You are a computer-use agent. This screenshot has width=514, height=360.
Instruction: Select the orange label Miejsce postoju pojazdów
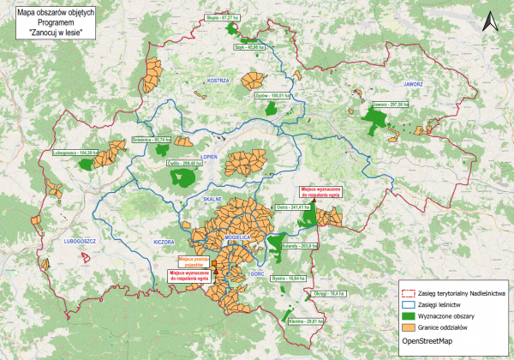click(194, 261)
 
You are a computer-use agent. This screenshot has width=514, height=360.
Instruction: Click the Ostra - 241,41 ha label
click(292, 207)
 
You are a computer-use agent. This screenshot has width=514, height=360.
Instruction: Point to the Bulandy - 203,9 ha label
click(299, 244)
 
